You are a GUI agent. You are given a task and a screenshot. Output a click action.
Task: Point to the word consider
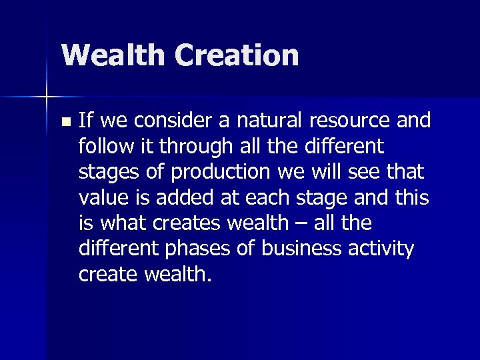179,121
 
